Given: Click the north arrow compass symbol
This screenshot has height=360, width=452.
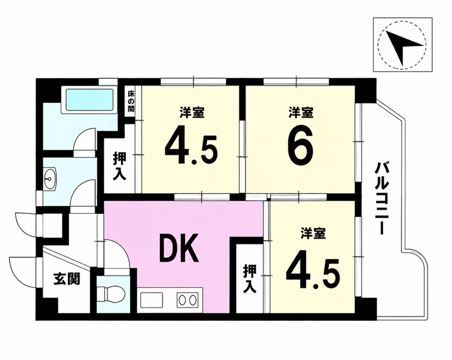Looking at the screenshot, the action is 403,45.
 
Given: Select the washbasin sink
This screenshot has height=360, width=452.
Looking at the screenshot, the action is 51,179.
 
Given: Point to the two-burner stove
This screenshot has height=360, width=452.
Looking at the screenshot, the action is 188,300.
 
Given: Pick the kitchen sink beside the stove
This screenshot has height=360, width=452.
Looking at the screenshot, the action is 152,300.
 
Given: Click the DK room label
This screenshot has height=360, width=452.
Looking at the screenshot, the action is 180,248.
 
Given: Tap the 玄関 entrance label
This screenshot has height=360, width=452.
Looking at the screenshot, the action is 67,279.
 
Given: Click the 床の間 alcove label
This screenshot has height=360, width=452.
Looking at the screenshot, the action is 131,101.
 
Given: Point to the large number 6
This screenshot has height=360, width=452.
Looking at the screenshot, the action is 301,145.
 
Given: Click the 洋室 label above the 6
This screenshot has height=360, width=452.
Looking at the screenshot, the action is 301,112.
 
